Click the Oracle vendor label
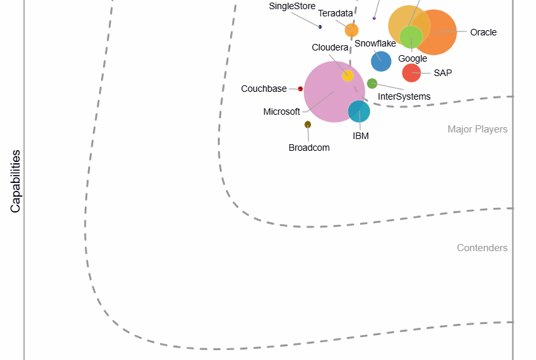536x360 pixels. click(x=484, y=32)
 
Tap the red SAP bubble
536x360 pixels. click(x=411, y=73)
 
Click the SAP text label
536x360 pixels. click(x=443, y=73)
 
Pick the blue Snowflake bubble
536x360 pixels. click(x=381, y=61)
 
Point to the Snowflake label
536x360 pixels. click(x=375, y=43)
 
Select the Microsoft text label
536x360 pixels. click(x=281, y=111)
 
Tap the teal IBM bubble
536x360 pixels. click(x=359, y=111)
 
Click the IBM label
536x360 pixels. click(x=361, y=136)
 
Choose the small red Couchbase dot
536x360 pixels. click(x=300, y=89)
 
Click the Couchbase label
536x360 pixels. click(x=264, y=89)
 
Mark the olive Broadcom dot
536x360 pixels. click(x=308, y=125)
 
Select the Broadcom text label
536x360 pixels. click(x=309, y=148)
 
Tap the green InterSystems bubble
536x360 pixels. click(x=372, y=83)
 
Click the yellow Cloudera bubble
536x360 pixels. click(x=348, y=76)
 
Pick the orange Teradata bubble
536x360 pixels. click(x=352, y=30)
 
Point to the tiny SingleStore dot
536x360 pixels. click(x=320, y=27)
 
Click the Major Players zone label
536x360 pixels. click(x=478, y=129)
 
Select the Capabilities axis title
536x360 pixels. click(x=16, y=181)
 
